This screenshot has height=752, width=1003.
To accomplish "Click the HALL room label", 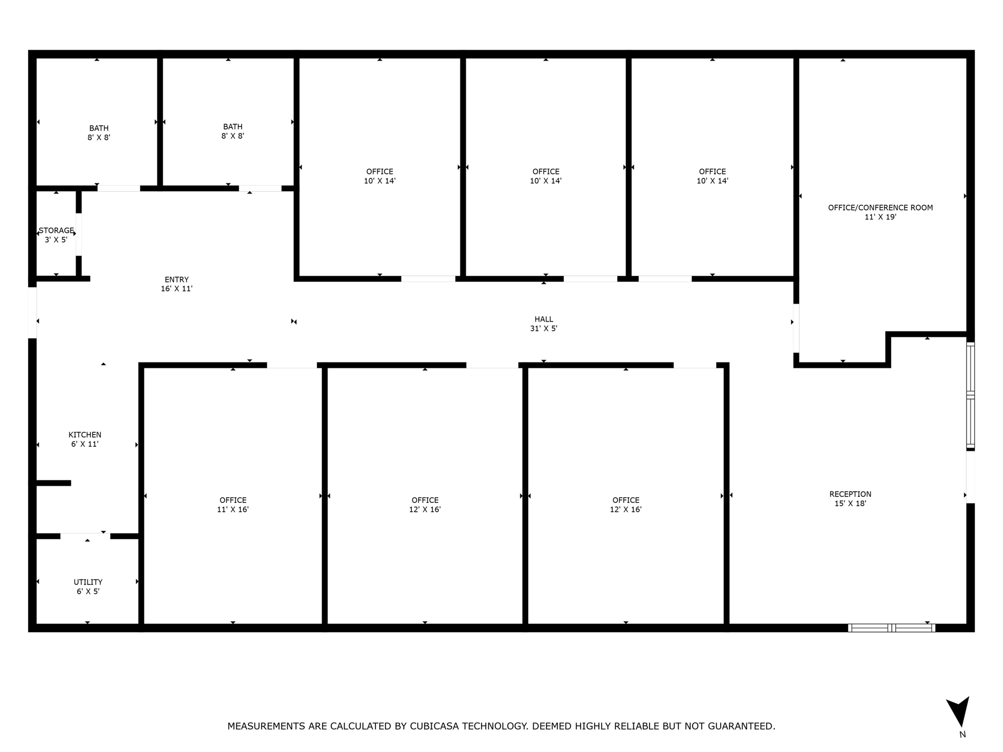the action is [544, 319].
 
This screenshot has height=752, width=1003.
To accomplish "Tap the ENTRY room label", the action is [177, 280].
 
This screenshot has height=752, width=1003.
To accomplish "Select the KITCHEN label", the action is [85, 435].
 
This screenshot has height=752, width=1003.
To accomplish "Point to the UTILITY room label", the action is [88, 582].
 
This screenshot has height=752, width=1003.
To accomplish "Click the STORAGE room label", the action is [56, 231].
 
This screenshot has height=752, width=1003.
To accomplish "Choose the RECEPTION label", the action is [850, 494].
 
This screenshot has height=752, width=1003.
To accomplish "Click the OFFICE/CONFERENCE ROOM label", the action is [880, 208].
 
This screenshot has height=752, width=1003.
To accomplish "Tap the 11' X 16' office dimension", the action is [233, 509].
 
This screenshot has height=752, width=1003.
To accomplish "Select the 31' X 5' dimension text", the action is [544, 329].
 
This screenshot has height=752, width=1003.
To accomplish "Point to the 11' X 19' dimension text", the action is [880, 217].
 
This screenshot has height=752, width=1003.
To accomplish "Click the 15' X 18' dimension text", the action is [850, 503].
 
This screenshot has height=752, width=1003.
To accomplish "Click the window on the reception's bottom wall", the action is [891, 628].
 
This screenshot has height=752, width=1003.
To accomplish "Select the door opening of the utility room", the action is [85, 536].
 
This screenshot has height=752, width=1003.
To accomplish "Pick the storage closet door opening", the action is [79, 234].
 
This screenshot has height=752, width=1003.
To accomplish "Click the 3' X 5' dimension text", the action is [56, 240].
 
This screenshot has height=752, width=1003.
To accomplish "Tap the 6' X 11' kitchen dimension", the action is [85, 444].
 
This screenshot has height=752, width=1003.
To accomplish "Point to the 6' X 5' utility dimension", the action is [88, 592].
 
